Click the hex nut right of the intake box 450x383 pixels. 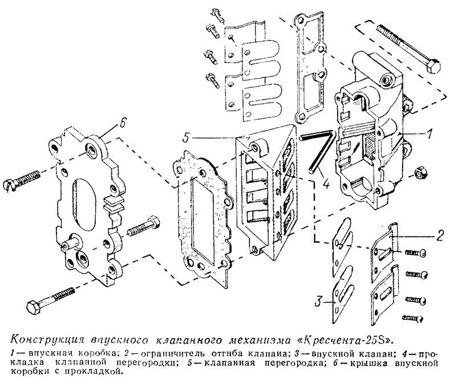(419, 172)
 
